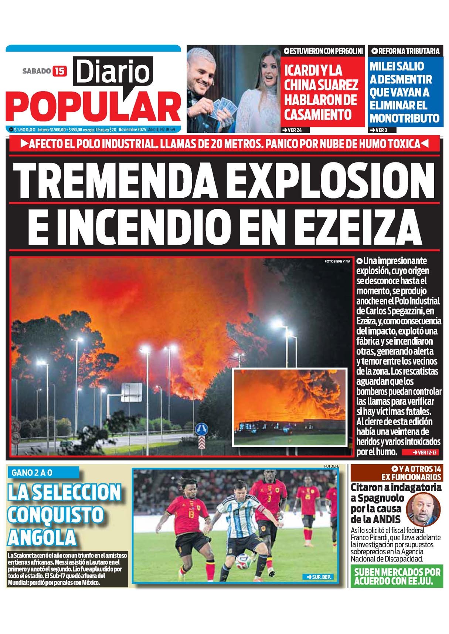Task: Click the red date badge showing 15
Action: coord(59,71)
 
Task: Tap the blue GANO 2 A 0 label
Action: coord(32,472)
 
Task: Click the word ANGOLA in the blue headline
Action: coord(41,537)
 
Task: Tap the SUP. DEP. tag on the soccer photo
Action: coord(318,576)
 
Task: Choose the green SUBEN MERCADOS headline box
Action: coord(397,576)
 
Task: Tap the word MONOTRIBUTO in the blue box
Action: coord(404,118)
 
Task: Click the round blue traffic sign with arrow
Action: coord(201,429)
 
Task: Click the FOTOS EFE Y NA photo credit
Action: coord(337,261)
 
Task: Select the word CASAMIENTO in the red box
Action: coord(318,114)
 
